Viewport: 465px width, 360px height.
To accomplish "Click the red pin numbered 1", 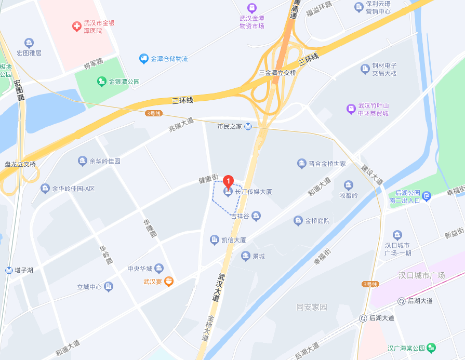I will pyautogui.click(x=228, y=181).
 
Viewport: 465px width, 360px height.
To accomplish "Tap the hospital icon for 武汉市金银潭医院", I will pyautogui.click(x=76, y=25).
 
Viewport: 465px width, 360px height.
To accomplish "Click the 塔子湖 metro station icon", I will pyautogui.click(x=9, y=270).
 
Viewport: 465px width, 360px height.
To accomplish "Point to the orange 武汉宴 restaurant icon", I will pyautogui.click(x=168, y=282).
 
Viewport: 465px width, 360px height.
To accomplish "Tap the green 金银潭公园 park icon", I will pyautogui.click(x=102, y=82).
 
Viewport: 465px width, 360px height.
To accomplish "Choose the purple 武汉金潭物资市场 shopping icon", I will pyautogui.click(x=252, y=7).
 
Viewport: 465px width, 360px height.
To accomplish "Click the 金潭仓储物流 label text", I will pyautogui.click(x=169, y=59).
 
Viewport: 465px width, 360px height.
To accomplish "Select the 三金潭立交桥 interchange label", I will pyautogui.click(x=277, y=73).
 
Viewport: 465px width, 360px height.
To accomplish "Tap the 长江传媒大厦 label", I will pyautogui.click(x=254, y=192).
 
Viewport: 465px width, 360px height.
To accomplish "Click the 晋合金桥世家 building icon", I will pyautogui.click(x=302, y=164).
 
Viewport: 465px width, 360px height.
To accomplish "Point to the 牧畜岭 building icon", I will pyautogui.click(x=349, y=185).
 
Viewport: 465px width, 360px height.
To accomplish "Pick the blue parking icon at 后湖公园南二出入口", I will pyautogui.click(x=427, y=196).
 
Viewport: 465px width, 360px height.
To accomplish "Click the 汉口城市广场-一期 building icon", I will pyautogui.click(x=397, y=235).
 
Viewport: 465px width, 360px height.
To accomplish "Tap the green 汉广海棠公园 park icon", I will pyautogui.click(x=431, y=348).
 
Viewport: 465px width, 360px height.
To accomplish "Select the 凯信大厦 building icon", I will pyautogui.click(x=214, y=240).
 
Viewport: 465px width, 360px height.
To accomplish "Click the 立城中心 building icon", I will pyautogui.click(x=108, y=286).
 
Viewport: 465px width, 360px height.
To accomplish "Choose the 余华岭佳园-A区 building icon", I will pyautogui.click(x=45, y=188).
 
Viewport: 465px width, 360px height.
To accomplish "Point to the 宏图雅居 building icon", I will pyautogui.click(x=29, y=43).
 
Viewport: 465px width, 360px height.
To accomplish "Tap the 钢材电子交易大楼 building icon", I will pyautogui.click(x=365, y=69).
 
